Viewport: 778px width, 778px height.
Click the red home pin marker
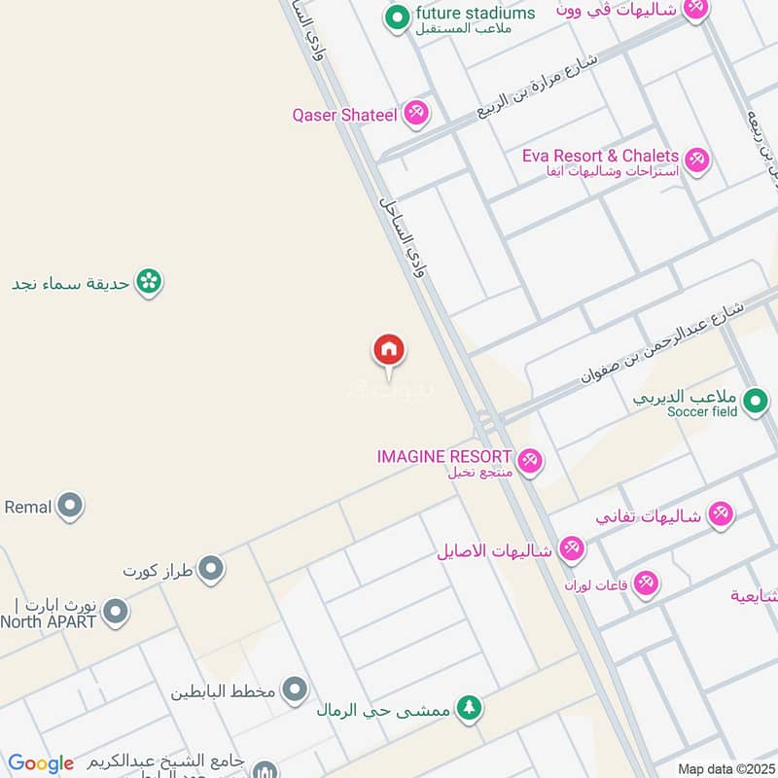click(x=389, y=351)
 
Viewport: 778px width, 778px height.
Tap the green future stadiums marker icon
click(x=396, y=18)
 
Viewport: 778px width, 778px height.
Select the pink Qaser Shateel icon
click(x=416, y=114)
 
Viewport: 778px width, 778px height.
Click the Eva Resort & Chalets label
click(x=600, y=156)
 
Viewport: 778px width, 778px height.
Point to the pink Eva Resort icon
click(x=696, y=160)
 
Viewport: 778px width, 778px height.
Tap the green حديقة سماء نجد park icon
click(x=149, y=283)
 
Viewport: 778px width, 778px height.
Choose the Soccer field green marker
click(x=754, y=400)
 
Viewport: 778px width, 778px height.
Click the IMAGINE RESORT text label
click(x=445, y=456)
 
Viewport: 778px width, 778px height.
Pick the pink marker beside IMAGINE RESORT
click(x=529, y=460)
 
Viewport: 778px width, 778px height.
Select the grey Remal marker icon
click(x=69, y=506)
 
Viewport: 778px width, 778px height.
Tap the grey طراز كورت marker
click(x=211, y=569)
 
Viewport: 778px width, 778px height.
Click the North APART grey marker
click(x=116, y=612)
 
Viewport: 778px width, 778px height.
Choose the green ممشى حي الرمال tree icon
click(x=469, y=708)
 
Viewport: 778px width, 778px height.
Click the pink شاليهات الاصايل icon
click(x=571, y=550)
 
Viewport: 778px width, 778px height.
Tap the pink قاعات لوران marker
click(x=646, y=584)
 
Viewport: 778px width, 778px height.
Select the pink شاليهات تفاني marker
click(x=720, y=513)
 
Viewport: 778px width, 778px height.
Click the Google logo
click(x=41, y=763)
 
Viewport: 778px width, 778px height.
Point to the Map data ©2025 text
click(x=725, y=768)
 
